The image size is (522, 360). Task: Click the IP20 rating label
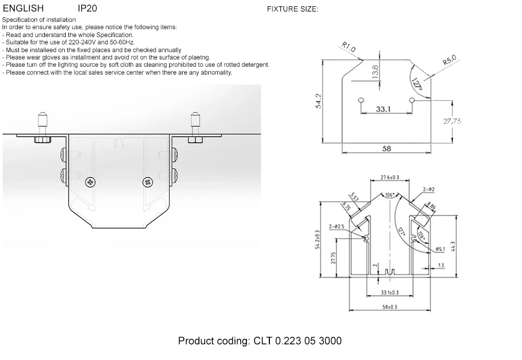(x=87, y=9)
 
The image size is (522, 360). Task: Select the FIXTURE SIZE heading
(x=292, y=9)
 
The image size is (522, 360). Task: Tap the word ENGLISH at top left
(x=23, y=9)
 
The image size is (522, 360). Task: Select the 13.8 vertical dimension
(x=375, y=70)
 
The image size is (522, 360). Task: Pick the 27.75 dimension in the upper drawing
(x=452, y=121)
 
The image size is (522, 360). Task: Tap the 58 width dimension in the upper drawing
(x=387, y=149)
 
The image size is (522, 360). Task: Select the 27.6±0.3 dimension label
(x=389, y=178)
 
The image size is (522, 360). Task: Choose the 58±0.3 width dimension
(x=389, y=307)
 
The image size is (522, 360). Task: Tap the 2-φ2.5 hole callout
(x=337, y=226)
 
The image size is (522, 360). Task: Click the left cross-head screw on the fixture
(x=92, y=182)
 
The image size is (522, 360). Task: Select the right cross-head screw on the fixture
(x=147, y=182)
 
